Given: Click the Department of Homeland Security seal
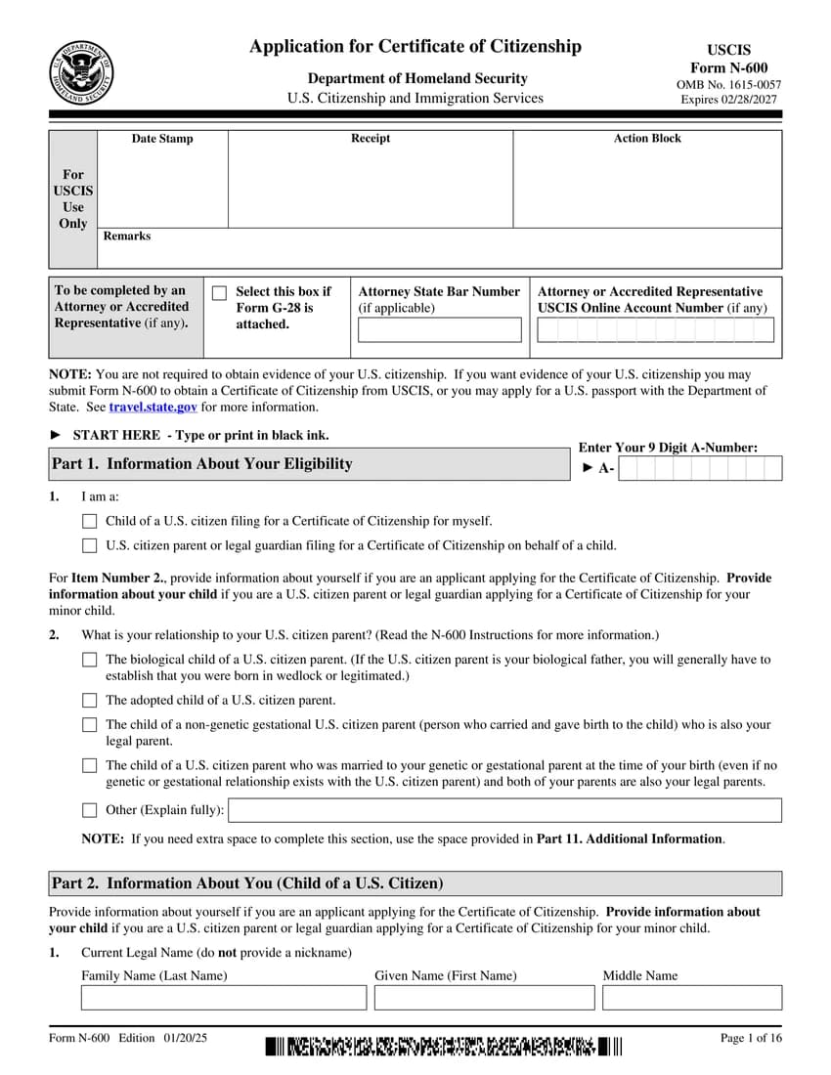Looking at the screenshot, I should pos(81,73).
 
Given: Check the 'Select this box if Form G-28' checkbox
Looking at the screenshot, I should pos(219,293).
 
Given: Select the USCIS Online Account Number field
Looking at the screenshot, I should pos(655,330).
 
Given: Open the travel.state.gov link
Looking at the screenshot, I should pos(153,407).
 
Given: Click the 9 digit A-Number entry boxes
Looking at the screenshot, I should pos(700,469).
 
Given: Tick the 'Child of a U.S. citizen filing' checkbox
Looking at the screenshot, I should pos(90,522).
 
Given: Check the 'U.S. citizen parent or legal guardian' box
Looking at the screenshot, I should pos(90,546).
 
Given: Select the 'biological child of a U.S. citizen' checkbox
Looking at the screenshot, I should pos(90,661).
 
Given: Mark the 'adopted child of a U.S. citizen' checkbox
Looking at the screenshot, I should pos(90,701).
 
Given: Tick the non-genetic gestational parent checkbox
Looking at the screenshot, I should pos(90,725).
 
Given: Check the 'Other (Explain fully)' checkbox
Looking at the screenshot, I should pos(90,810).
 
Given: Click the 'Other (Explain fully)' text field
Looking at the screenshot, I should pos(504,810).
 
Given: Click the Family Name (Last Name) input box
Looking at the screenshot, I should pos(224,998).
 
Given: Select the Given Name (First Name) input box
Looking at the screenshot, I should pos(484,998).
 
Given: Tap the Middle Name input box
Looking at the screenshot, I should pos(691,998).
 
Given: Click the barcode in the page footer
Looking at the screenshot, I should pos(443,1048).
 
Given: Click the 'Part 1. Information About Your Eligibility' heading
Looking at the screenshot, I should pos(202,464).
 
